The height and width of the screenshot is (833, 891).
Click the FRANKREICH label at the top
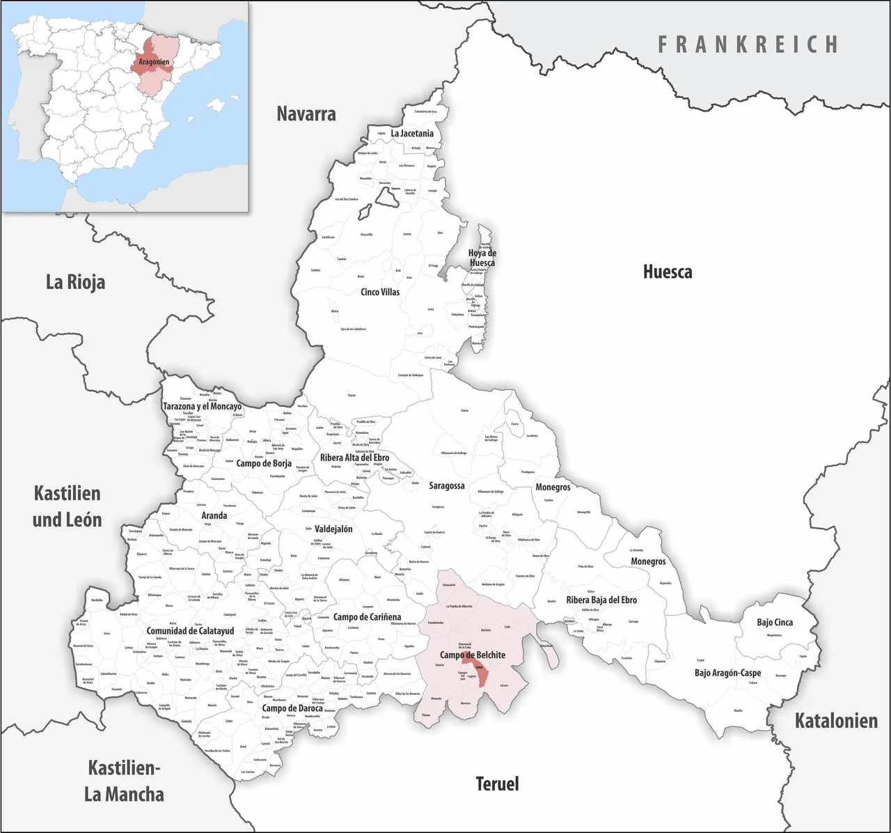point(748,45)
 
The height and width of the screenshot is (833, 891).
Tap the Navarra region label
point(306,114)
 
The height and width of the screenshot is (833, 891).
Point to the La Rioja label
point(75,282)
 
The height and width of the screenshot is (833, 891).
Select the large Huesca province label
point(667,272)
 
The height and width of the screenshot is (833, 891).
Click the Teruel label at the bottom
point(497,784)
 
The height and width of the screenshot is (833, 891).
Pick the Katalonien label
point(836,721)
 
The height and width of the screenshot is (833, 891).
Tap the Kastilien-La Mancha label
point(124,781)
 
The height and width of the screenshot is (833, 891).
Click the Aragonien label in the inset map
point(154,62)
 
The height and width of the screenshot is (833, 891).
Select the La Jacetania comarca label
point(412,133)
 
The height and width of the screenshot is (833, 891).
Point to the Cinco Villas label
point(380,292)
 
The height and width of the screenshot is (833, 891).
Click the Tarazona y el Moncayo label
point(202,406)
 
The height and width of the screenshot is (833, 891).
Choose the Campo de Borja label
point(264,463)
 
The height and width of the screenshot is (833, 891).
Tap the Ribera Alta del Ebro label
point(354,458)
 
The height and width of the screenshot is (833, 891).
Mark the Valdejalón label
point(333,529)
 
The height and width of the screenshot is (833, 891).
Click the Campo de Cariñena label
point(367,617)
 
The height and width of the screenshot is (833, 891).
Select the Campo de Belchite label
point(473,655)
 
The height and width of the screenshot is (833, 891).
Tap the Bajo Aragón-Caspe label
point(727,673)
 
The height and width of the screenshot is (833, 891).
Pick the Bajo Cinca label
point(775,622)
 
